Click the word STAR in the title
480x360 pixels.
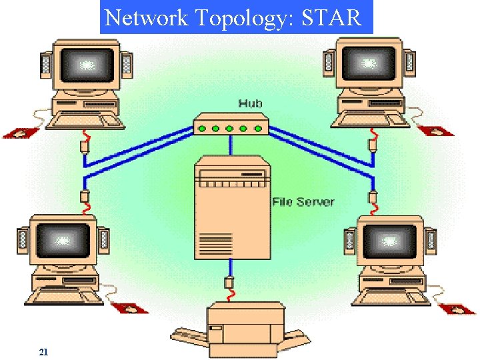(331, 17)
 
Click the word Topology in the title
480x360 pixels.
(238, 18)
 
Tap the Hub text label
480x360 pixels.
(250, 103)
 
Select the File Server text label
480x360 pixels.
(303, 201)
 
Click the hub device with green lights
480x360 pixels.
(230, 126)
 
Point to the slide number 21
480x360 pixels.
(43, 351)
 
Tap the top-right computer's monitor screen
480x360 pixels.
(369, 65)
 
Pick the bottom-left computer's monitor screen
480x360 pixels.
(63, 238)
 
